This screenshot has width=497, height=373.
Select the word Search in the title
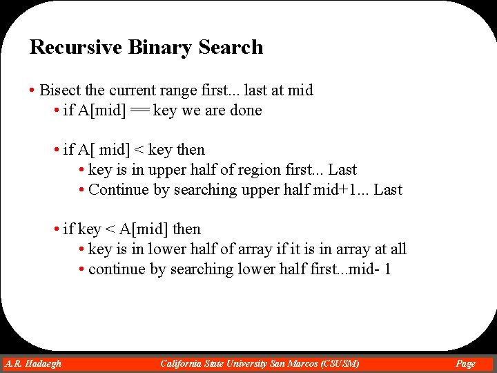click(x=231, y=48)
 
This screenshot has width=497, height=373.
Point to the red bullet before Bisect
click(x=32, y=90)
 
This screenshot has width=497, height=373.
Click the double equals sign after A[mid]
click(x=139, y=111)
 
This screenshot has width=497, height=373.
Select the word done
click(x=246, y=111)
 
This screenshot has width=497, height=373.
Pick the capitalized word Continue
click(x=119, y=190)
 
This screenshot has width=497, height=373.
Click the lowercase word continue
click(x=118, y=269)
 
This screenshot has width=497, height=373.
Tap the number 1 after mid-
click(x=387, y=269)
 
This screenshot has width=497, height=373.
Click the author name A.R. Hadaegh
click(x=33, y=363)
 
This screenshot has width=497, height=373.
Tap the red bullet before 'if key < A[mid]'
click(x=56, y=229)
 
